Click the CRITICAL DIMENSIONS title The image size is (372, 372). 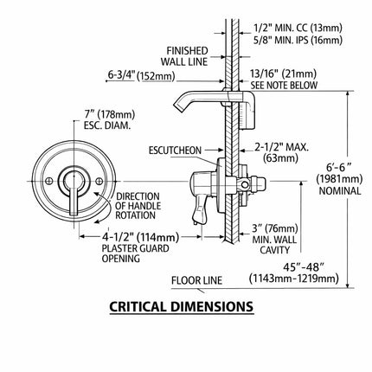click(181, 306)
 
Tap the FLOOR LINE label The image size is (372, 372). click(196, 280)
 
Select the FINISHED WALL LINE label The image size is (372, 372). click(184, 56)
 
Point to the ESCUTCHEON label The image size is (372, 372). click(175, 151)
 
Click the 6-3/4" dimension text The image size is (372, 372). click(121, 75)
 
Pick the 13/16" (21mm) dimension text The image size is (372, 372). click(283, 74)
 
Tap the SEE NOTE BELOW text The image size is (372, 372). click(284, 85)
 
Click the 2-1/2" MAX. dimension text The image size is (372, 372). click(281, 147)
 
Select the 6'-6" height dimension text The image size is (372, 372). click(339, 167)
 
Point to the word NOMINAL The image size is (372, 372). click(340, 190)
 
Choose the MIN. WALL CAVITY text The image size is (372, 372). click(274, 245)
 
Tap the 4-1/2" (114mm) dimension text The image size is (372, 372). click(140, 237)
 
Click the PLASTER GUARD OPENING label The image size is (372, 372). click(135, 253)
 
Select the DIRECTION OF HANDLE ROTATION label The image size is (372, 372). click(138, 206)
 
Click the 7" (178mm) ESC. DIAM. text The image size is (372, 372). click(109, 119)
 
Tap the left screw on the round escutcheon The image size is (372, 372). click(49, 182)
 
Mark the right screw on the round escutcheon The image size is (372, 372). click(99, 182)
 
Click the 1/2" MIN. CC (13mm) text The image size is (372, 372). click(298, 28)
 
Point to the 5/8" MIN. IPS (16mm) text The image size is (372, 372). click(298, 40)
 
